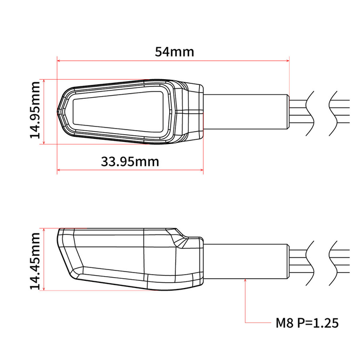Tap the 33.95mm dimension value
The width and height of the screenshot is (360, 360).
click(x=130, y=161)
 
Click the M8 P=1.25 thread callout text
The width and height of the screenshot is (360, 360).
click(x=307, y=323)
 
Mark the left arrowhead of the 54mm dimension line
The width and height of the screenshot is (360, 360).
click(x=59, y=61)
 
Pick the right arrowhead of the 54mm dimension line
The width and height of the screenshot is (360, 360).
click(x=287, y=61)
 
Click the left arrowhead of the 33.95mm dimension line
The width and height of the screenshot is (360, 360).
click(x=59, y=171)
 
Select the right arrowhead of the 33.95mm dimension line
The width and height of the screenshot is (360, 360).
click(x=201, y=171)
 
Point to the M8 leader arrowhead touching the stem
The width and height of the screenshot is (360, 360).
click(x=245, y=281)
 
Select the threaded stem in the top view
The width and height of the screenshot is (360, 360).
click(x=245, y=112)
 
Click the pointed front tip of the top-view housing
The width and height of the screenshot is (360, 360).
click(x=58, y=110)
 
